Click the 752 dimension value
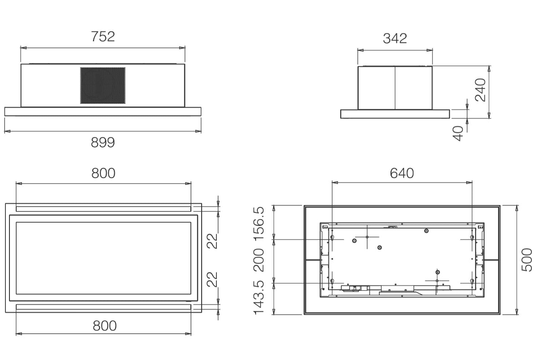103,36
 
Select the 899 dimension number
103,142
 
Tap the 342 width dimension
395,38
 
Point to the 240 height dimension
480,90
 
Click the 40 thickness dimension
458,133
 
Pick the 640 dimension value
402,173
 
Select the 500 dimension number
526,260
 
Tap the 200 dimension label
259,260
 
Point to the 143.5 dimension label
259,297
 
